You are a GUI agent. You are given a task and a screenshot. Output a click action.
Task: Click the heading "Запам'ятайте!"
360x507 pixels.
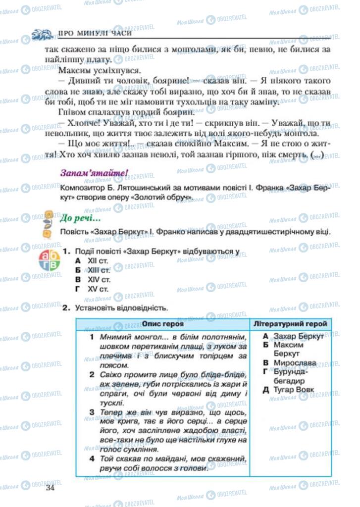click(x=94, y=174)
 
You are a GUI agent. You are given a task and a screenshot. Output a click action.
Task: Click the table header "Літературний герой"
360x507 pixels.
click(x=290, y=324)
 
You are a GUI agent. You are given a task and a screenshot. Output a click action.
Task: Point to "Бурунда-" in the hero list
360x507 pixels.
click(x=291, y=372)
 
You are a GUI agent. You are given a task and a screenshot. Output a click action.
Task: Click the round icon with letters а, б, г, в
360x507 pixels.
click(x=49, y=261)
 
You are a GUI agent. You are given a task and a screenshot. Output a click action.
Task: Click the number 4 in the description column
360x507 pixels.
click(x=92, y=459)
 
